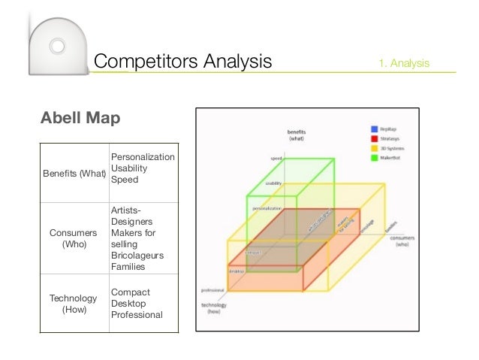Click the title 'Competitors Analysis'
pos(184,61)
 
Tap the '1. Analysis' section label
pos(405,63)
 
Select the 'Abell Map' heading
pos(80,119)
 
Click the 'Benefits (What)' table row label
pos(72,174)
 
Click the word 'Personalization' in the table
pos(143,156)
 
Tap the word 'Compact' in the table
pos(130,292)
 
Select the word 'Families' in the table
pos(129,267)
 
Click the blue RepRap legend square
pos(373,129)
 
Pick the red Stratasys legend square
pos(373,138)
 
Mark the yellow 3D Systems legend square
pos(373,148)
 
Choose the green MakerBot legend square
pos(373,158)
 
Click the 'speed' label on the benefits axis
pos(276,159)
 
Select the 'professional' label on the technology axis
pos(213,289)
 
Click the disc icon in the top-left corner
pos(57,46)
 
